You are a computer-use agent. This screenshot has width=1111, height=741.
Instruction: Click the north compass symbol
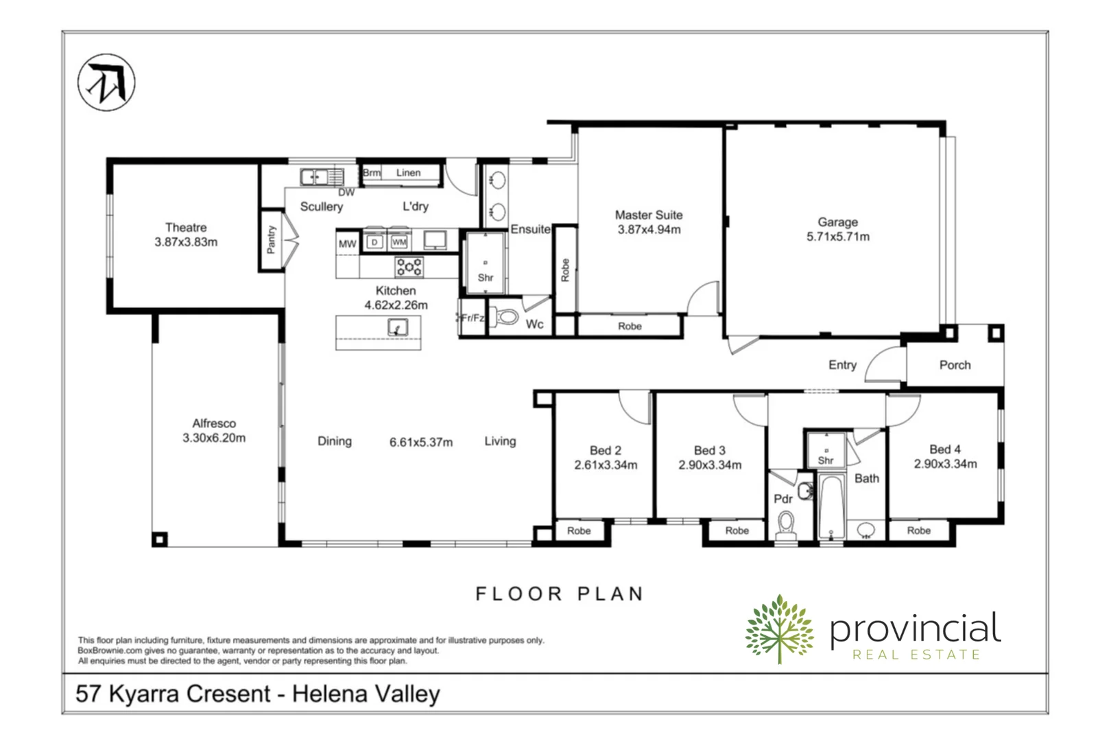tap(106, 82)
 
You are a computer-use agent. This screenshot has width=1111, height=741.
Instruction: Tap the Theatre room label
tap(186, 227)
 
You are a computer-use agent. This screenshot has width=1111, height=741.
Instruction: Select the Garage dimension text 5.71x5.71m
tap(838, 237)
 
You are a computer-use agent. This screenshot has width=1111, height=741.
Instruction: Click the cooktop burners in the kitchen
tap(409, 266)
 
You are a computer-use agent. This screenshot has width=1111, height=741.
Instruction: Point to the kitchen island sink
tap(398, 327)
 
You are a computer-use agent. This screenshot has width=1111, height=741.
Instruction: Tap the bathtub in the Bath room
tap(831, 507)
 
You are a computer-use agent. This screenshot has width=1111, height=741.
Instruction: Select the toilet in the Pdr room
tap(786, 525)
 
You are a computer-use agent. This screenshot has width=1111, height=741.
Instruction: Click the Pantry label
tap(272, 239)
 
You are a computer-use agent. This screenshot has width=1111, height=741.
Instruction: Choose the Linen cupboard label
tap(408, 173)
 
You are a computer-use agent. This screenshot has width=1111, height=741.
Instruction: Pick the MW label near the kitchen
tap(347, 244)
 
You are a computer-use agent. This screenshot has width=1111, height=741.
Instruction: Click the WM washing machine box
tap(399, 242)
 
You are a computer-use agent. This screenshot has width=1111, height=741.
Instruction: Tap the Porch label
tap(955, 365)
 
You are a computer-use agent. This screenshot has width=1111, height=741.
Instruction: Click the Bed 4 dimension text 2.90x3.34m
tap(945, 464)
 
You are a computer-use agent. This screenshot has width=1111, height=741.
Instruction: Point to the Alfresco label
tap(214, 423)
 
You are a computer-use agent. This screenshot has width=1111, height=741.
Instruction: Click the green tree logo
tap(779, 629)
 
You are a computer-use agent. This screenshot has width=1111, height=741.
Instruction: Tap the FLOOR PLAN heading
tap(560, 593)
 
